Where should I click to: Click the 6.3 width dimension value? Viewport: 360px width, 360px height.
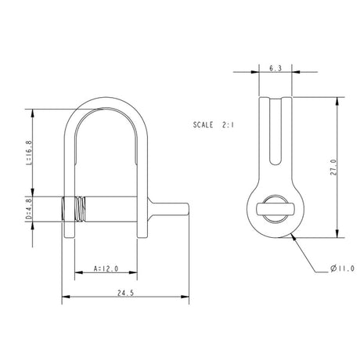(x=275, y=69)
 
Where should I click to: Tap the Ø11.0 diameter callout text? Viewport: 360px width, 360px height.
(x=339, y=270)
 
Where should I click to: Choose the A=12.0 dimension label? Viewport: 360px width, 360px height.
(x=106, y=268)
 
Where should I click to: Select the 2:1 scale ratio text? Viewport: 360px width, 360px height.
(x=232, y=124)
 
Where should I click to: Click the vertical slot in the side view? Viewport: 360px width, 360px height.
(x=275, y=137)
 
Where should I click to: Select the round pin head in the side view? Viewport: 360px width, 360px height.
(x=275, y=210)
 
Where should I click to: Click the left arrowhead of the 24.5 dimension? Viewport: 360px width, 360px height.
(x=64, y=297)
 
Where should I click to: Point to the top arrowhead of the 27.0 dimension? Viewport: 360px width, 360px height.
(x=338, y=100)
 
